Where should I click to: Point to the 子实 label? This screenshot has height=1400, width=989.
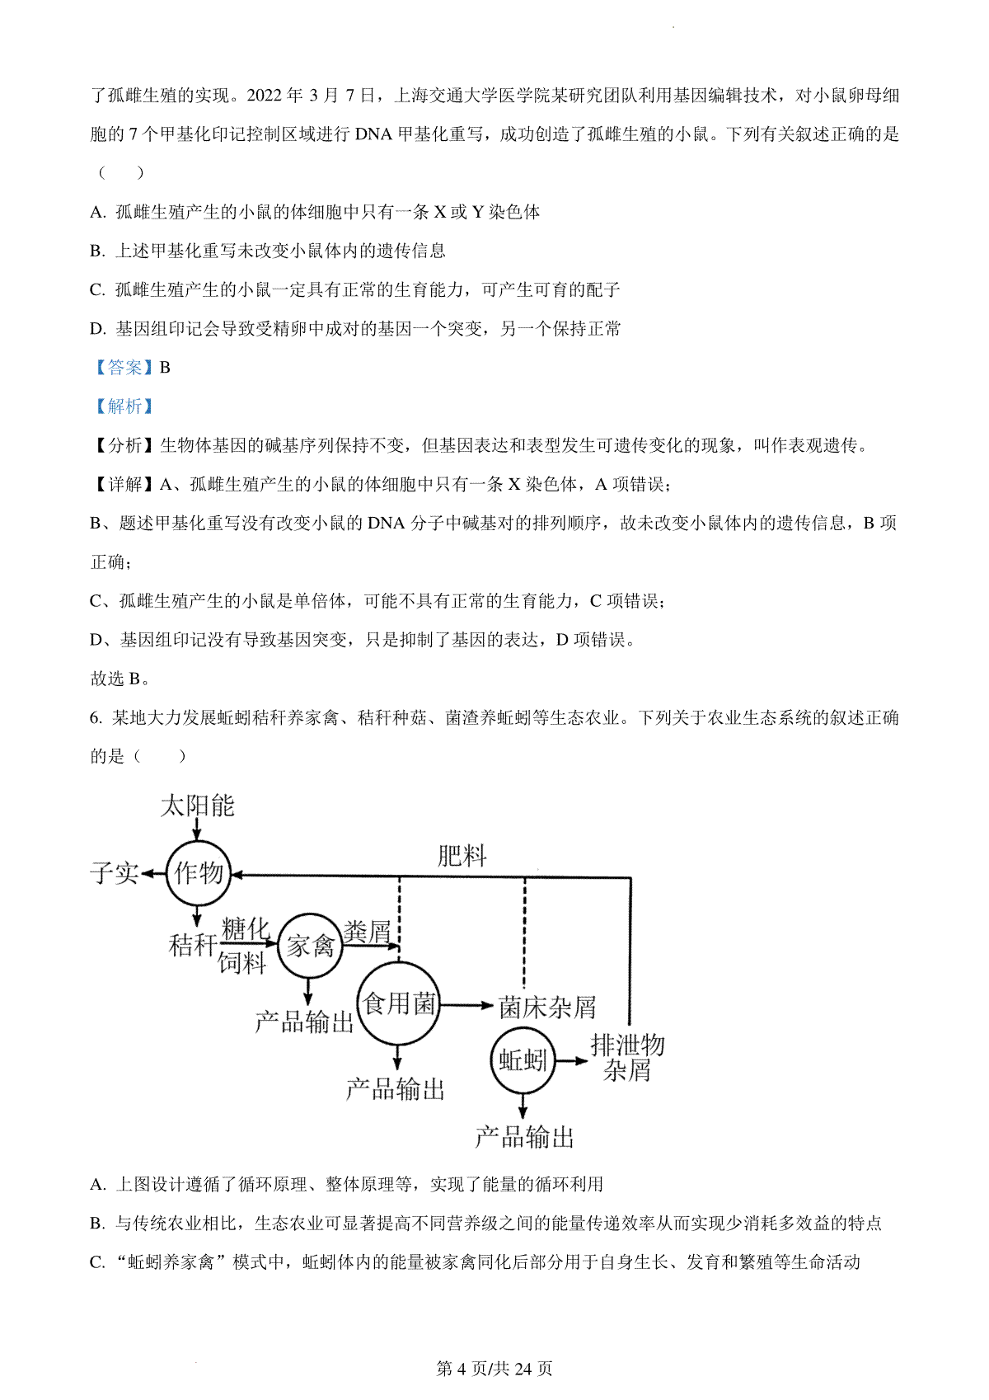point(115,872)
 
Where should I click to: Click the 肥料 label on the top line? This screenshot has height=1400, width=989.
point(462,856)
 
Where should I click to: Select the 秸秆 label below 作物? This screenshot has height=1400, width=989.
point(193,944)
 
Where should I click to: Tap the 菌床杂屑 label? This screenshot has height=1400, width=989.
point(547,1007)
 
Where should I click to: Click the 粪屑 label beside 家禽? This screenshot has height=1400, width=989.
point(367,931)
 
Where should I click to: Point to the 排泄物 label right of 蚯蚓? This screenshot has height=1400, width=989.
point(627,1044)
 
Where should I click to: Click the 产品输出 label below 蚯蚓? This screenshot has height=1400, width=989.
point(524,1136)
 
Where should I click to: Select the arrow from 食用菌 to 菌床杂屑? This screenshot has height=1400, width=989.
point(466,1005)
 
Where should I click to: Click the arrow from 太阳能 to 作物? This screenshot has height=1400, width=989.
point(197,829)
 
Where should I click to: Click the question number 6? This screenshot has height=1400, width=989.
point(96,716)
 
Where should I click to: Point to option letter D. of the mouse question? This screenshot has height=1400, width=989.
point(98,328)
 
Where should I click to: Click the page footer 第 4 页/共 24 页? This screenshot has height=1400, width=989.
point(494,1368)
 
